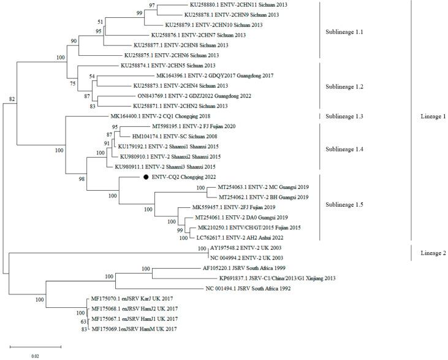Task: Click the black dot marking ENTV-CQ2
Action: [x=146, y=177]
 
